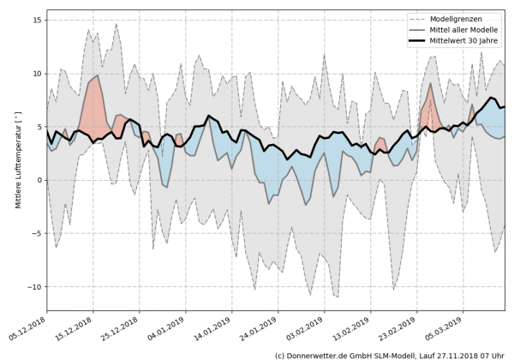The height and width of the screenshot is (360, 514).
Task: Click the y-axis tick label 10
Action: point(38,74)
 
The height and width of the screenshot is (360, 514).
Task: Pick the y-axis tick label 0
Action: point(40,180)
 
